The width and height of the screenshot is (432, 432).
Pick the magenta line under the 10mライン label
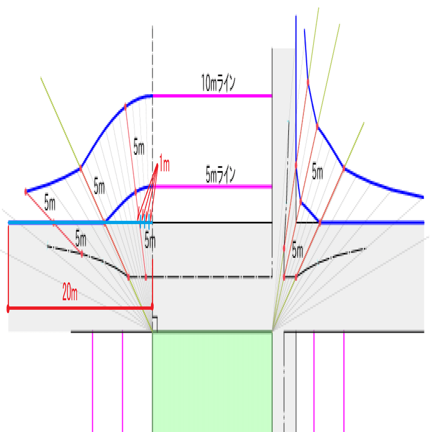point(212,96)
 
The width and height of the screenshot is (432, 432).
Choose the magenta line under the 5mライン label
point(212,187)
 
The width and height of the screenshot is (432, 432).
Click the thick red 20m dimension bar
point(79,308)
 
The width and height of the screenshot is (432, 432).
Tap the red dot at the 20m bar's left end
point(8,308)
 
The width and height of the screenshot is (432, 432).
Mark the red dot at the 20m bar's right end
point(152,306)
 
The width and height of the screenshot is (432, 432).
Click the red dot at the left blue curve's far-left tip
point(26,192)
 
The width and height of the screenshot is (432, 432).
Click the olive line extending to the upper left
point(58,117)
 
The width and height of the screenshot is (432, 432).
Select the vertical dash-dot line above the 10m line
point(153,58)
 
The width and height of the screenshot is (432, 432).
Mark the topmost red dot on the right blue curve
point(308,82)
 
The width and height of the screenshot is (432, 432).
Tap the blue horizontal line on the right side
point(374,223)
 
